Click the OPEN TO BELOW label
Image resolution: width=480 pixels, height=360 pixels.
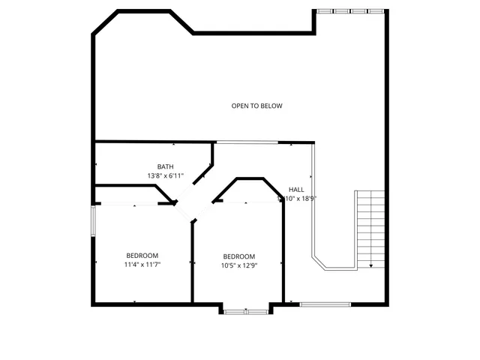256,106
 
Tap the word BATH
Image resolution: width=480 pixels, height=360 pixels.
166,166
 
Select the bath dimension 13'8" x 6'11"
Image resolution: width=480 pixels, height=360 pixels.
166,175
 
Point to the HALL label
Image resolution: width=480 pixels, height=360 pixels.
296,190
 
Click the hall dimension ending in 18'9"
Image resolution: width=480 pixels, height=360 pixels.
298,199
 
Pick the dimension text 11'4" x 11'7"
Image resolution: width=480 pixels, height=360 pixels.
142,264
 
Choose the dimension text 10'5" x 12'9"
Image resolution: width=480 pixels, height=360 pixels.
238,265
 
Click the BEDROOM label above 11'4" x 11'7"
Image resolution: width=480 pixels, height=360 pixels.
142,255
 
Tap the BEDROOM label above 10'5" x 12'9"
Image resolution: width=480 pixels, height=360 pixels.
238,256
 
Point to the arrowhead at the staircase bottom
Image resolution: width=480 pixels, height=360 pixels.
371,265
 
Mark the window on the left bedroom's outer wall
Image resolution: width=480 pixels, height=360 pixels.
93,221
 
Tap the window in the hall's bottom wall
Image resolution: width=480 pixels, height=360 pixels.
325,304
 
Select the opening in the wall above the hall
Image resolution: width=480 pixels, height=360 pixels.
247,142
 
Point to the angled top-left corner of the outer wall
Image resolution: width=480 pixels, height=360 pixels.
104,22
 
